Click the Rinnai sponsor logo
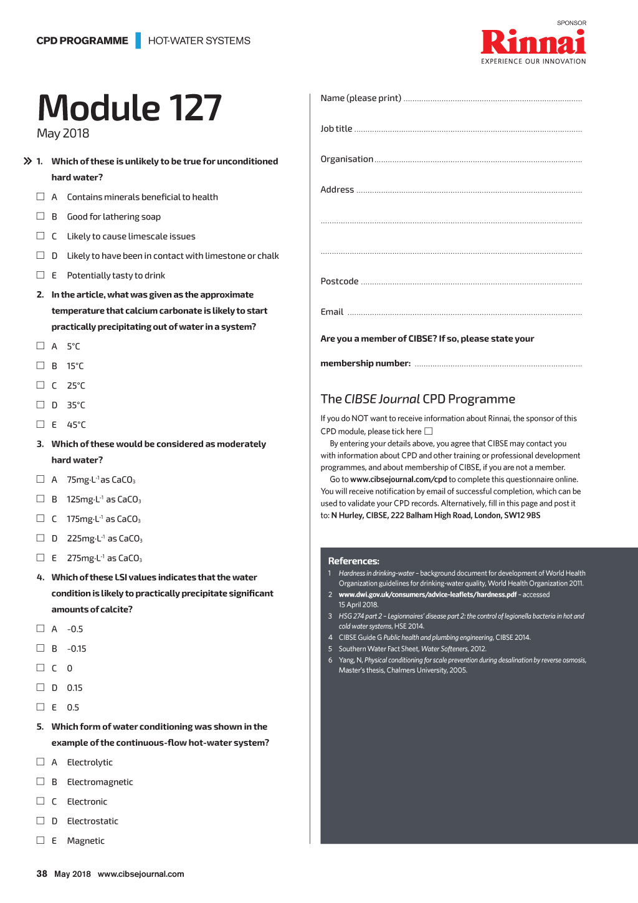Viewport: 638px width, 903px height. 533,42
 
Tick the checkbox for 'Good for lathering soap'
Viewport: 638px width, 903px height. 40,216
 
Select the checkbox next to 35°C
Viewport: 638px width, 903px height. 40,405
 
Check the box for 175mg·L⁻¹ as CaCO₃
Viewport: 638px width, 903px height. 40,518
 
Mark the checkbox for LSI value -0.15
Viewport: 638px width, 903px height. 40,648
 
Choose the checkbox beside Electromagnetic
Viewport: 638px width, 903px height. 40,781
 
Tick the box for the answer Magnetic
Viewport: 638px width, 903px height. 40,840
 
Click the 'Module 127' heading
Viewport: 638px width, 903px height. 130,108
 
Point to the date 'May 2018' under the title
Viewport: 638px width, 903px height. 63,133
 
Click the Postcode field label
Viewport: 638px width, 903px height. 340,281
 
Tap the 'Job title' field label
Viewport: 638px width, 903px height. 336,128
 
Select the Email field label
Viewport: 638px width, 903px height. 332,312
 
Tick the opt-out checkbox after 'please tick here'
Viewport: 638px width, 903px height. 429,431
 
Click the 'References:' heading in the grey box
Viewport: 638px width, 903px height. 353,561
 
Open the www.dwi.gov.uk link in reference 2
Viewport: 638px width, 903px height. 427,594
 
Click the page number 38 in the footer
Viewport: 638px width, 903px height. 42,874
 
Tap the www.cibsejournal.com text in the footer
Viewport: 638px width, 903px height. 141,874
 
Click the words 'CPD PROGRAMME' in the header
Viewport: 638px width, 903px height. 82,41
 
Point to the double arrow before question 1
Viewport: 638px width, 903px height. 27,161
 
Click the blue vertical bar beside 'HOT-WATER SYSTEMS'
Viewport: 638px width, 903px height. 138,41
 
